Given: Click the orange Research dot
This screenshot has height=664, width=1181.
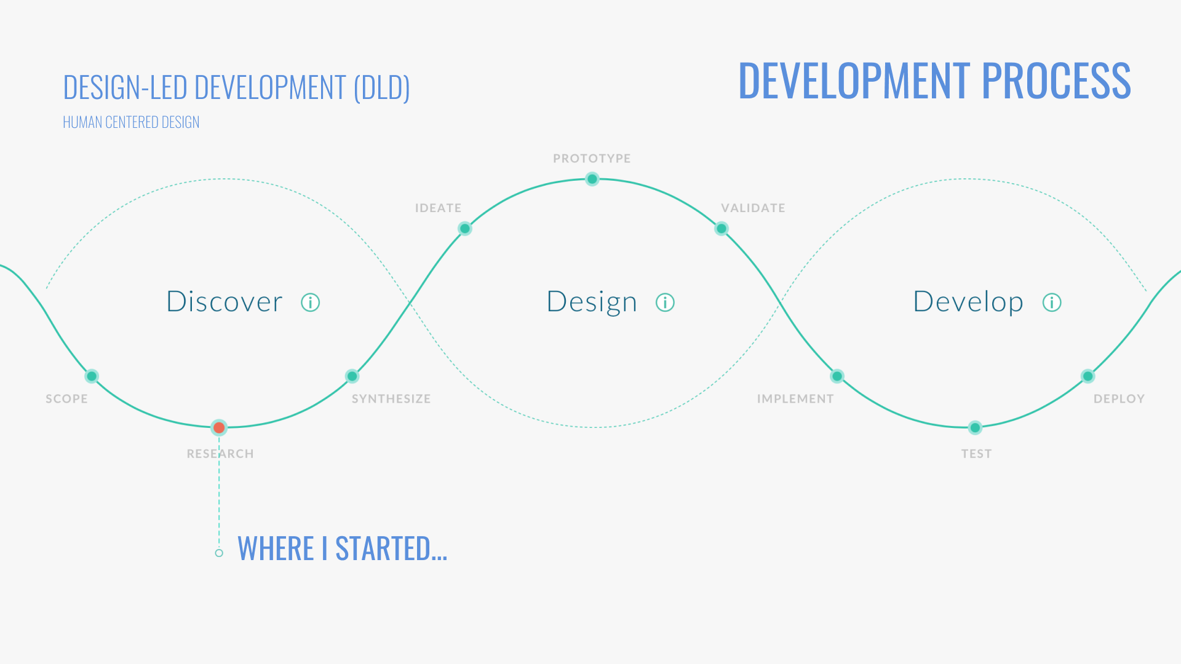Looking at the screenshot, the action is click(219, 427).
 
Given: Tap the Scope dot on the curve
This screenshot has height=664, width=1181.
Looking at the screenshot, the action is click(92, 376).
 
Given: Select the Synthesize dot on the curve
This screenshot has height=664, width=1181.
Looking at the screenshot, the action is click(352, 376).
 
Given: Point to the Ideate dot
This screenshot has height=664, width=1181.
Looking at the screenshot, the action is click(465, 229).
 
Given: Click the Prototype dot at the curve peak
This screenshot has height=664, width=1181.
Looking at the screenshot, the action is click(592, 179).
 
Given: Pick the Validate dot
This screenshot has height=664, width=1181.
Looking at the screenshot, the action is click(722, 229).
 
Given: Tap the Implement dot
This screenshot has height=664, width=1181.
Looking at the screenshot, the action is click(837, 376).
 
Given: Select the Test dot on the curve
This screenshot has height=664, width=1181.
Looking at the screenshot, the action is click(975, 427).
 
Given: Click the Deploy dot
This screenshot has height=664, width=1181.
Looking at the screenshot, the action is click(1088, 376).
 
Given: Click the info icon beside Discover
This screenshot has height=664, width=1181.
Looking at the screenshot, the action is click(311, 302).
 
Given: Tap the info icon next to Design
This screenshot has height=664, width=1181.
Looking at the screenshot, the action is click(665, 302).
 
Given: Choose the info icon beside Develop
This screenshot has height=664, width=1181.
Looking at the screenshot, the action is click(1052, 302).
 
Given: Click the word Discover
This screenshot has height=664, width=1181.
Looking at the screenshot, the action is click(225, 302).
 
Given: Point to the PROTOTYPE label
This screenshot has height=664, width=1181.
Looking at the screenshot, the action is click(592, 159).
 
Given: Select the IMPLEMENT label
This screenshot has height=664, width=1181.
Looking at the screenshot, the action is click(795, 399).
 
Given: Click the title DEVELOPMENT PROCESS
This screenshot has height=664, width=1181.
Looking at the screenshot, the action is click(934, 81).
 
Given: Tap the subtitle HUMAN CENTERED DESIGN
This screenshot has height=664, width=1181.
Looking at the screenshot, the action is click(131, 122).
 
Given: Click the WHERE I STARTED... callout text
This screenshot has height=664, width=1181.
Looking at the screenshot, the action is click(342, 548).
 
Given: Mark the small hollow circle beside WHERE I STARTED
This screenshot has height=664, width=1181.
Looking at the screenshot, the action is click(219, 553).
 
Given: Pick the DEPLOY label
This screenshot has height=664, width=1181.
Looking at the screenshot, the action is click(1119, 399).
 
